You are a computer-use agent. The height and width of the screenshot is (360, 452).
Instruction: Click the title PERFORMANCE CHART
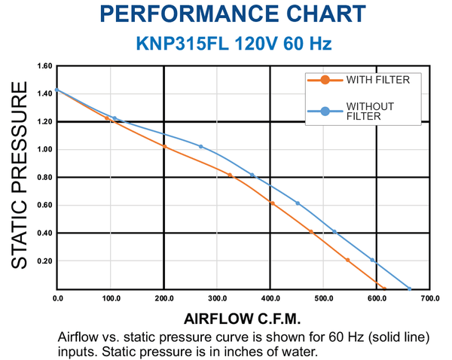coord(233,14)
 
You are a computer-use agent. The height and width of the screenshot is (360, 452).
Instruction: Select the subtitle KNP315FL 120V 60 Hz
coord(234,44)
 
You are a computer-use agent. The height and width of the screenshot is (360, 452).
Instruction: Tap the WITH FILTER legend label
coord(378,80)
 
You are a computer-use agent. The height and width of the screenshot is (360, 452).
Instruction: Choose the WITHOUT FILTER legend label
coord(370,111)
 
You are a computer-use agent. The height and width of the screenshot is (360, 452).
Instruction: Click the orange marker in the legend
coord(325,80)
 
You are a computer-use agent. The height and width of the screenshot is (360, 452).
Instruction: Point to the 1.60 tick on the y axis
coord(44,66)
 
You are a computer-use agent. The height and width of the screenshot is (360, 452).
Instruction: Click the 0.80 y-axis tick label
coord(44,177)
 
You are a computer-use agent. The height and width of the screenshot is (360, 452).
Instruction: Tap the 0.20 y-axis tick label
coord(44,261)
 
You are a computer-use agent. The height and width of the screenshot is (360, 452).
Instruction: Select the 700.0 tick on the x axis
coord(430,298)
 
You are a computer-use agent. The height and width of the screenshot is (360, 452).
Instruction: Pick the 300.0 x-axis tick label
coord(218,298)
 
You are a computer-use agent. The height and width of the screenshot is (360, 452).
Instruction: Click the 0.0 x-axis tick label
coord(58,298)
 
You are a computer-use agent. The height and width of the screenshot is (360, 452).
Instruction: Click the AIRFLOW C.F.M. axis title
coord(242,319)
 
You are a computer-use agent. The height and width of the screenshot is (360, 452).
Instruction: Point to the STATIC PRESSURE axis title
coord(20,175)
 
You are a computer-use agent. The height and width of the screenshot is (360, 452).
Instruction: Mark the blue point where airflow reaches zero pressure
coord(409,288)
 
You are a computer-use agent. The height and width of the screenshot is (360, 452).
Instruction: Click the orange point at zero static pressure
coord(384,288)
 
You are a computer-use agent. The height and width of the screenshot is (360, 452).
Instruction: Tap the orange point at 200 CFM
coord(164,147)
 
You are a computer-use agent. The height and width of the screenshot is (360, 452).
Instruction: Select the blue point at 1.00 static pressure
coord(201,146)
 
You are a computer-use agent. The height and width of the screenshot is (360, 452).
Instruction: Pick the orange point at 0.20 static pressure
coord(347,261)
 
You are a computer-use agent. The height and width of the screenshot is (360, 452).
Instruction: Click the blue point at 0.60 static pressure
coord(298,203)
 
